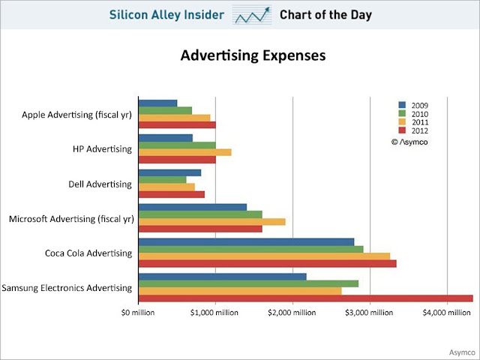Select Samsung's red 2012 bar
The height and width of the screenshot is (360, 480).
click(306, 298)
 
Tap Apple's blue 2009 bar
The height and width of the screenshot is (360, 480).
click(158, 103)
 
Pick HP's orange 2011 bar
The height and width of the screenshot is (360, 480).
click(185, 151)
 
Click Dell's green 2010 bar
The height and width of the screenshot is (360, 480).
click(163, 180)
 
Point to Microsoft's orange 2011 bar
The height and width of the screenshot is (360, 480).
click(212, 221)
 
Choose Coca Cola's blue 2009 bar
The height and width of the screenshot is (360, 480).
click(247, 241)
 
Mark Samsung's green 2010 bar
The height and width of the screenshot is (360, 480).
click(249, 283)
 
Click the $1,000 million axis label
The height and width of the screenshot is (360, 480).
click(215, 311)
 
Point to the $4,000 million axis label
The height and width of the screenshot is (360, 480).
click(447, 311)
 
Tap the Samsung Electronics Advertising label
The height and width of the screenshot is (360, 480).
click(67, 287)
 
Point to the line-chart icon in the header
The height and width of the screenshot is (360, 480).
click(252, 15)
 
